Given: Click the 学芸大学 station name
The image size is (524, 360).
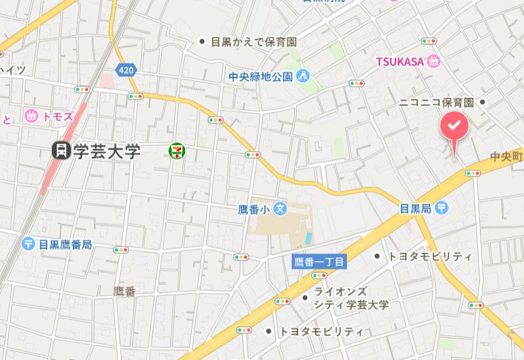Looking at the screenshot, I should tap(107, 151).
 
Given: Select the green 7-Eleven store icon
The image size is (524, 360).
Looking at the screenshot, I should tap(177, 151).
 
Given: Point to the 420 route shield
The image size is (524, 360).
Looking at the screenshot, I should tap(125, 69).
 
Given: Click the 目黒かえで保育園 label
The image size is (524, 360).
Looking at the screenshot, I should tap(253, 42).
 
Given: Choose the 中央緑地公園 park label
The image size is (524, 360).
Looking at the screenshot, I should tap(260, 75).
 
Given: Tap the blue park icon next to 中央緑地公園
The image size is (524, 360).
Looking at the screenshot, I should tap(303, 75).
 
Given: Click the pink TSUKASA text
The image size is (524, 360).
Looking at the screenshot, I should tap(400, 61).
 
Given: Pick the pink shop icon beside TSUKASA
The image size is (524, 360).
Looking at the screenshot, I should tap(434, 61).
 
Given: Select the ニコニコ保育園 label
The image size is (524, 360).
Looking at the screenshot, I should tap(436, 102).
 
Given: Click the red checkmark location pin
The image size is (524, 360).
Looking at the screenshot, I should tap(454, 126).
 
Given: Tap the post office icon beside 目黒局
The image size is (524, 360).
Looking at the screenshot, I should tap(442, 208).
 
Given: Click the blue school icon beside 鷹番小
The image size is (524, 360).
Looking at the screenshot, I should tap(280, 209).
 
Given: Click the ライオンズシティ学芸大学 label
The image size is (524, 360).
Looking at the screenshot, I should tap(351, 299).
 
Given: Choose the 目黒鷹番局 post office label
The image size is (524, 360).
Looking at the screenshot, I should tap(65, 244).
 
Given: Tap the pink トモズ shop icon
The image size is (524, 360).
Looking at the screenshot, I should tap(30, 116).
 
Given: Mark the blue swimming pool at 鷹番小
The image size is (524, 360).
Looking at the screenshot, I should tap(308, 237).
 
